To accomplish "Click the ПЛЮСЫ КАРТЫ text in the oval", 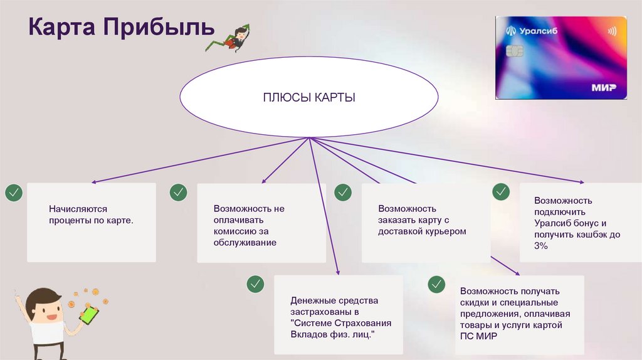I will [x=309, y=98].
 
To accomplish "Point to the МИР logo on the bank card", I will [x=603, y=88].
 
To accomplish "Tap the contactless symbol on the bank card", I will [x=612, y=31].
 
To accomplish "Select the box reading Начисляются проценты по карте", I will [x=92, y=222].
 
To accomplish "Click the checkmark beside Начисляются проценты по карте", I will [x=13, y=193].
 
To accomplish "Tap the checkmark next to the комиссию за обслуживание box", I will [x=178, y=193].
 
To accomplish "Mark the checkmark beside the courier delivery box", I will [x=342, y=193].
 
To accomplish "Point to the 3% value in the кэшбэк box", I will [x=541, y=246].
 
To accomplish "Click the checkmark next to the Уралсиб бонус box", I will [x=501, y=192].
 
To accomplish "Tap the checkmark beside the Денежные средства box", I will [x=255, y=284].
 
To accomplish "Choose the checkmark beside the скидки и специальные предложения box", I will [x=436, y=284].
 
